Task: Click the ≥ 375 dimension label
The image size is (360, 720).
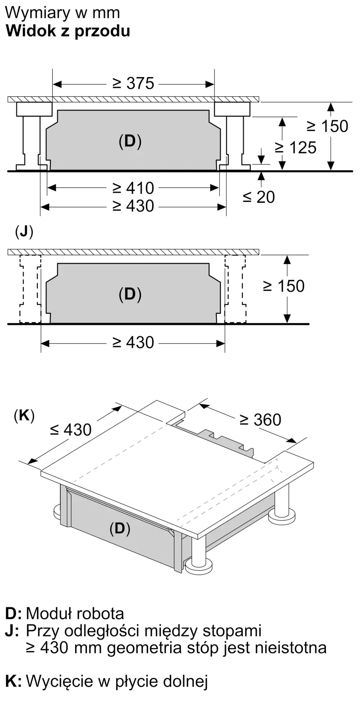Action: [x=133, y=84]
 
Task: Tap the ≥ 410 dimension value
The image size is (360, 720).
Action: [x=133, y=188]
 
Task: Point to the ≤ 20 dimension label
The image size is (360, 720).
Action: [x=258, y=197]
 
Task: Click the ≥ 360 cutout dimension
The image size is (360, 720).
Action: [x=260, y=420]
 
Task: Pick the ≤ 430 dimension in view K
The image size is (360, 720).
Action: [x=71, y=429]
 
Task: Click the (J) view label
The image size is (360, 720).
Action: [x=24, y=232]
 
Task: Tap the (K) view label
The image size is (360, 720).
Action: [x=24, y=416]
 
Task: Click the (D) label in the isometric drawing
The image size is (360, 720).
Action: [x=120, y=528]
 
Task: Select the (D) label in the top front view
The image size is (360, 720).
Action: [x=130, y=141]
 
